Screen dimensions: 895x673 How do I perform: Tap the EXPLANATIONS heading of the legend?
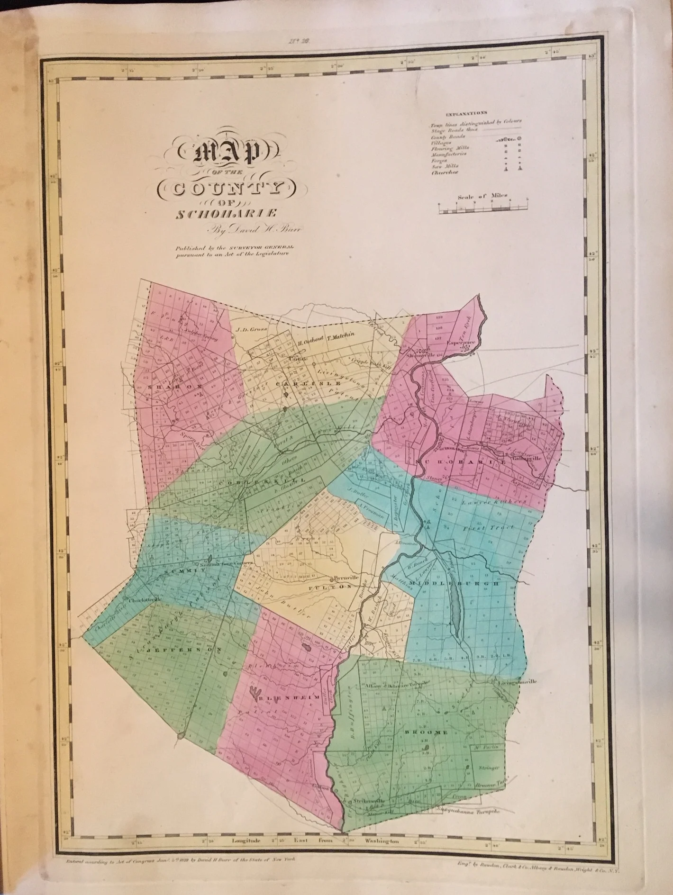[x=466, y=114]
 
